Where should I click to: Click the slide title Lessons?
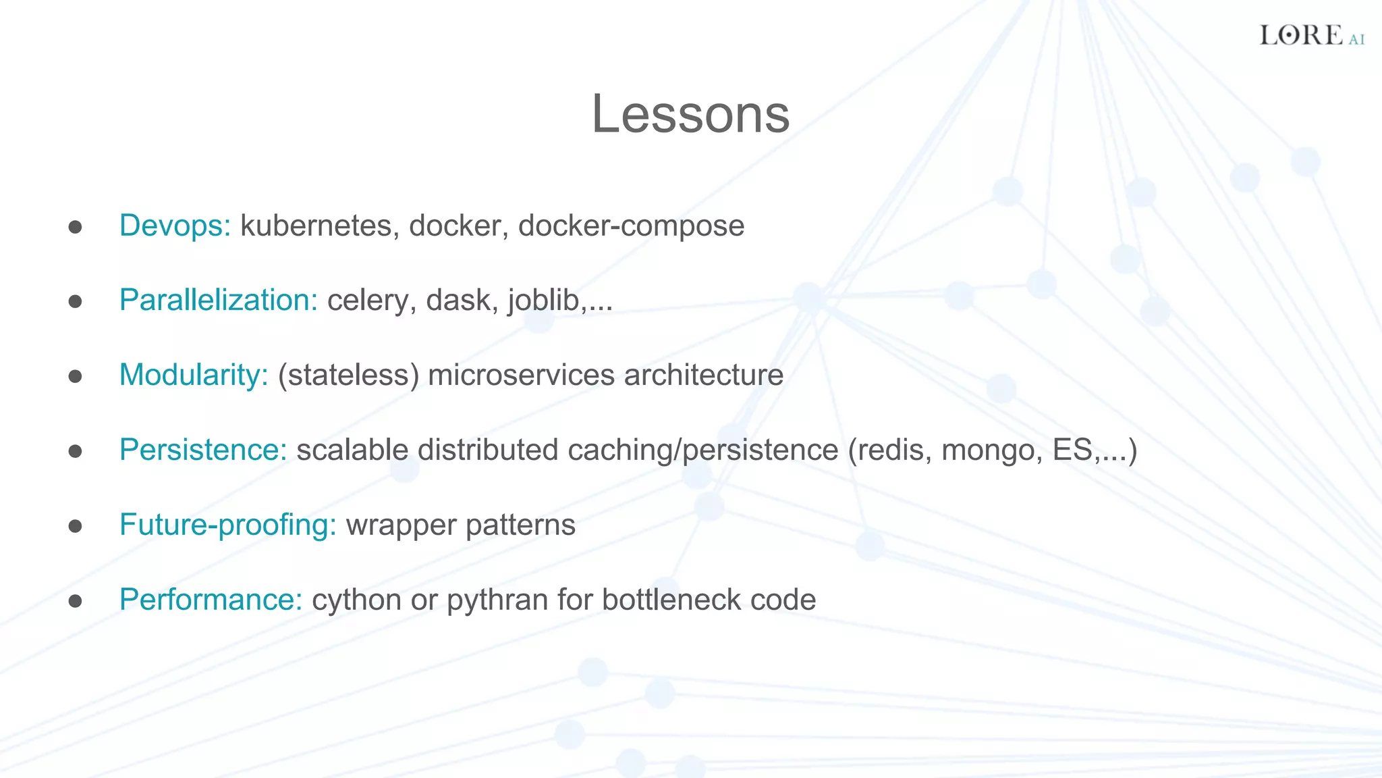tap(690, 114)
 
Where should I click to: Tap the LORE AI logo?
tap(1311, 35)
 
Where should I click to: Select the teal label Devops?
tap(175, 226)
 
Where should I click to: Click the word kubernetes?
tap(316, 226)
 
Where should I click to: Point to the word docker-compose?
tap(631, 226)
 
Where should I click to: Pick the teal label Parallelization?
tap(218, 301)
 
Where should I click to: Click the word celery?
tap(368, 301)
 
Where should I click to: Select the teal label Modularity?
tap(194, 375)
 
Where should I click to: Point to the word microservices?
tap(522, 375)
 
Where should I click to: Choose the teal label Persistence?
tap(203, 450)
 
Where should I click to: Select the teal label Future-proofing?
tap(227, 525)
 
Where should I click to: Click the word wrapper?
tap(401, 525)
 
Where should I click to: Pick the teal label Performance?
tap(211, 600)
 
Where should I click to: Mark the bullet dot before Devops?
tap(75, 227)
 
